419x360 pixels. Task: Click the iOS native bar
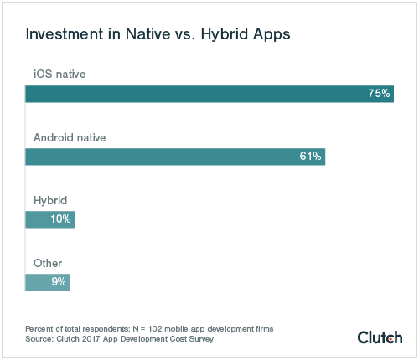pyautogui.click(x=209, y=94)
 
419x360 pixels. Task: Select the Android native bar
pyautogui.click(x=175, y=157)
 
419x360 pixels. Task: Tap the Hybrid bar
pyautogui.click(x=50, y=219)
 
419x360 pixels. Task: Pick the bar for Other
pyautogui.click(x=48, y=282)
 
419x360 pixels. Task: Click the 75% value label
pyautogui.click(x=379, y=94)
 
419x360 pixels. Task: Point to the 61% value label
pyautogui.click(x=310, y=157)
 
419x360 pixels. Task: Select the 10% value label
pyautogui.click(x=60, y=219)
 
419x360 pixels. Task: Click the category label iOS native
pyautogui.click(x=59, y=74)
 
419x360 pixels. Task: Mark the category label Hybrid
pyautogui.click(x=49, y=200)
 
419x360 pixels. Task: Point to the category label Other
pyautogui.click(x=47, y=263)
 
